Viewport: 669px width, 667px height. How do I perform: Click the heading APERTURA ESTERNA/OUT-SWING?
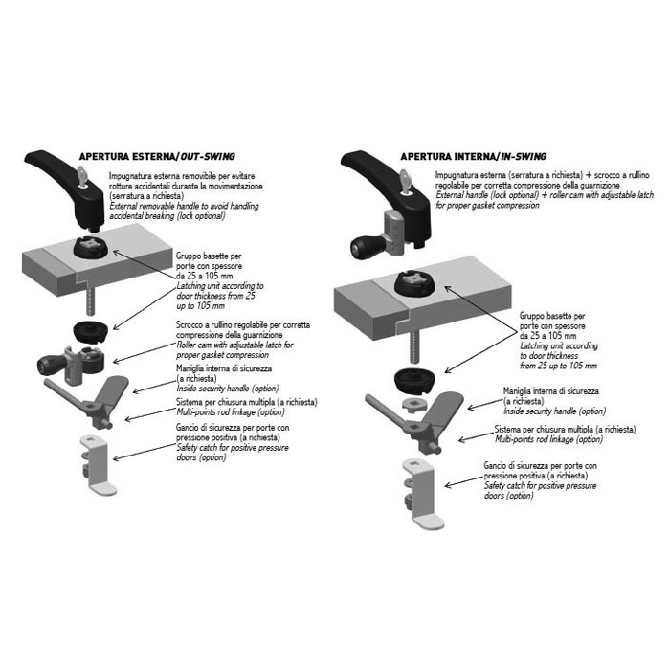[x=157, y=157]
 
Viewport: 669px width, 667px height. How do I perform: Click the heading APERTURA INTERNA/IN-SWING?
[x=473, y=157]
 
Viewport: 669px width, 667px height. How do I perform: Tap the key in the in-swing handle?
[x=405, y=181]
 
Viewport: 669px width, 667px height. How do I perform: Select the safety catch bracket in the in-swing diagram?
[x=421, y=494]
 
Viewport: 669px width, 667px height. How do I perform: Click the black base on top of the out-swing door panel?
[x=91, y=248]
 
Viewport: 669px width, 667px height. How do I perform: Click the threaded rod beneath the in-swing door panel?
[x=413, y=350]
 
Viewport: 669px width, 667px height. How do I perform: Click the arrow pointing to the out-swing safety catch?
[x=145, y=452]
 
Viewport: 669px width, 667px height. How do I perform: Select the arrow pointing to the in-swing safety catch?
[x=464, y=481]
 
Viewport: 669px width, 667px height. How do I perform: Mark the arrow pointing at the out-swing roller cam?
[x=145, y=353]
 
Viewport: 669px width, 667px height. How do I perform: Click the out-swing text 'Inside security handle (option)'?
[x=228, y=389]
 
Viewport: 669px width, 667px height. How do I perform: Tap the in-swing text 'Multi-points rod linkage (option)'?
[x=548, y=439]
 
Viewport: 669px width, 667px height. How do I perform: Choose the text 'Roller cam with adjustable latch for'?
[x=234, y=345]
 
